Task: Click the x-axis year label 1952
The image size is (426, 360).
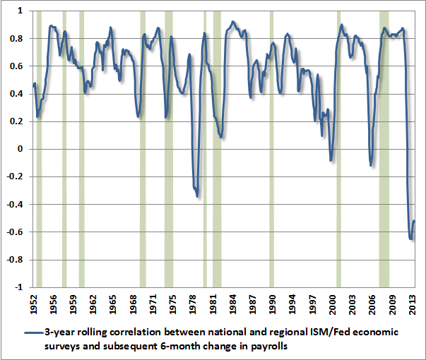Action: [33, 302]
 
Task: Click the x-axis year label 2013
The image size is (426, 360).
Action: [413, 302]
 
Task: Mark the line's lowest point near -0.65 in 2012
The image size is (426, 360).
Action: [410, 239]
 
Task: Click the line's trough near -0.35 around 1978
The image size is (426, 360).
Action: [197, 196]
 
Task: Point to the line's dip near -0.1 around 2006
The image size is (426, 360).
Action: [370, 166]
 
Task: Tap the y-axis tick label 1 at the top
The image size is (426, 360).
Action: [21, 11]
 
